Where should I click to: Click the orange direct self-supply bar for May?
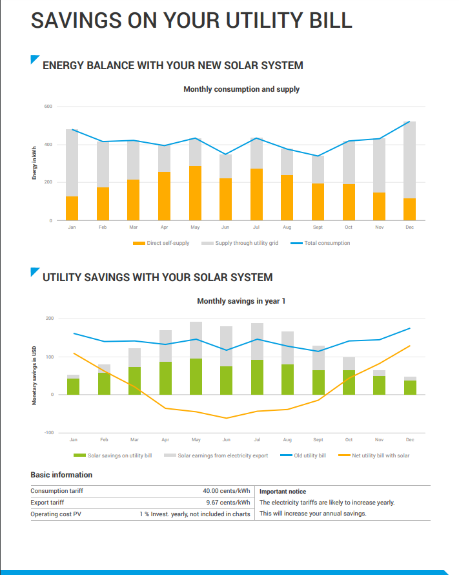[x=195, y=193]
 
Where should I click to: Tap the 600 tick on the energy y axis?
[x=48, y=107]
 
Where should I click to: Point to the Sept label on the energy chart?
[x=317, y=227]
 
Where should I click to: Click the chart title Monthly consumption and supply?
[x=241, y=89]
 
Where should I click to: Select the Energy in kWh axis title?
[x=34, y=164]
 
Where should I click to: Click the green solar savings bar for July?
[x=257, y=377]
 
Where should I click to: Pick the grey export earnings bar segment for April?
[x=165, y=346]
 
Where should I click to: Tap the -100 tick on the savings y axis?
[x=49, y=433]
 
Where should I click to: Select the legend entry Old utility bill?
[x=309, y=455]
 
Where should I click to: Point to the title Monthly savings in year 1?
[x=241, y=301]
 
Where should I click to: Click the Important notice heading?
[x=283, y=492]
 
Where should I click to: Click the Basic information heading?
[x=61, y=475]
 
